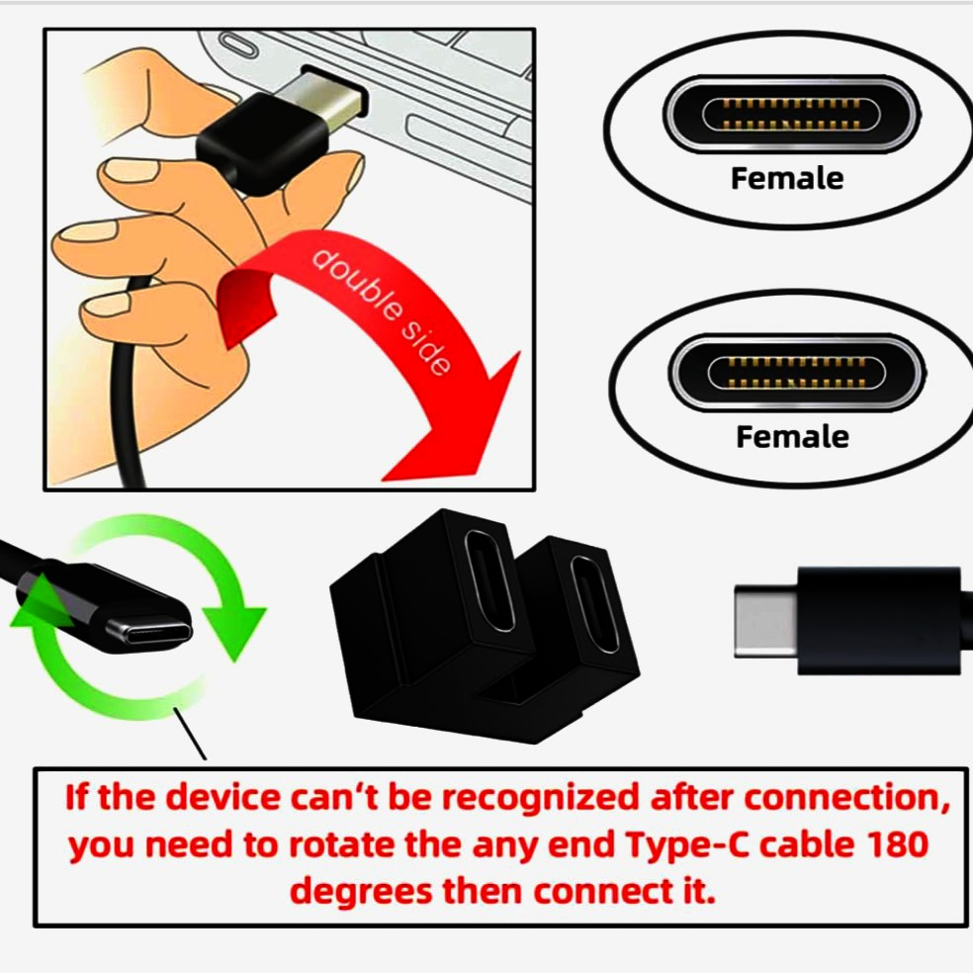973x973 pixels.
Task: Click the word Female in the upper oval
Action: (786, 179)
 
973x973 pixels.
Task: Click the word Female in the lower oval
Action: (792, 436)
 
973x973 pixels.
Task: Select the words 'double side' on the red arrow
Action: (381, 311)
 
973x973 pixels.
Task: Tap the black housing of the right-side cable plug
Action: (880, 620)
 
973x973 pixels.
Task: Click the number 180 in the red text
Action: (889, 846)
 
